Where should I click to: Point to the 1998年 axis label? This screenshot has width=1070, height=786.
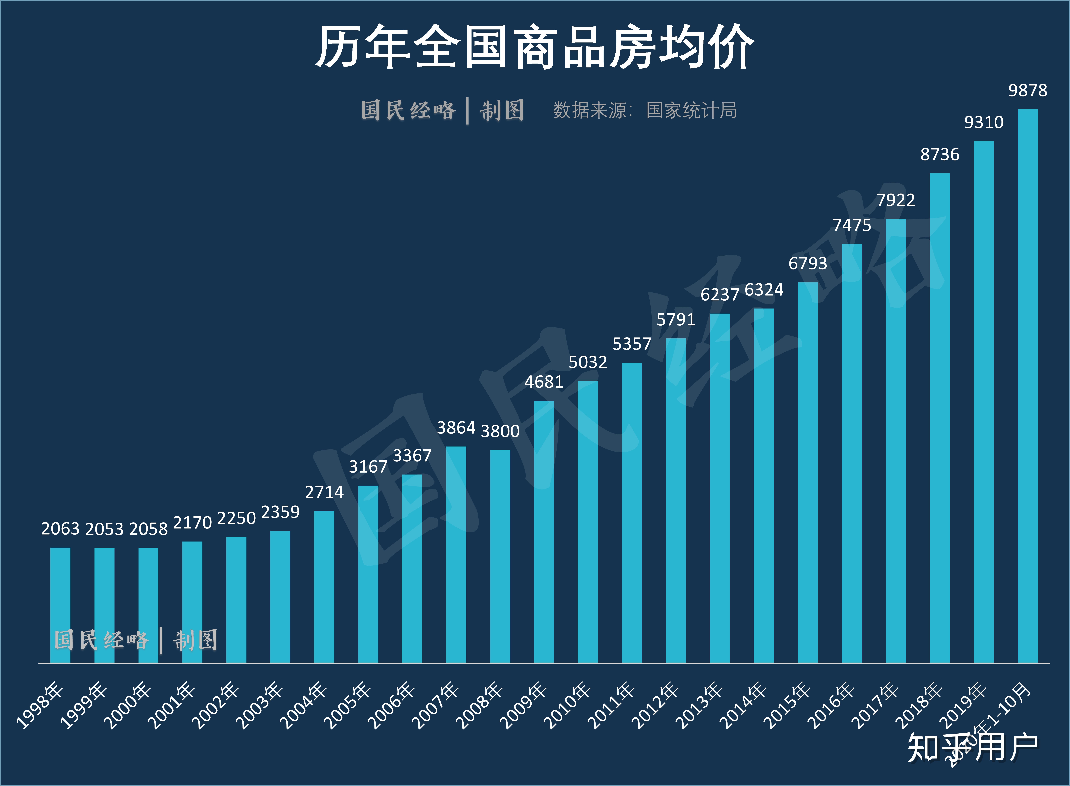tap(40, 705)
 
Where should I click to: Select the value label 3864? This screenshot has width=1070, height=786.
tap(456, 428)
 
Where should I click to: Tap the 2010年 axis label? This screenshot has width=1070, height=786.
tap(567, 705)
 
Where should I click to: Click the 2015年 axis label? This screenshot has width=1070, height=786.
tap(787, 705)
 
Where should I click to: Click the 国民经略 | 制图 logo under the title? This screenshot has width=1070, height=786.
tap(443, 110)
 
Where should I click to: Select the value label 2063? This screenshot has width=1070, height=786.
tap(60, 529)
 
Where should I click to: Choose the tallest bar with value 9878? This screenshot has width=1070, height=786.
tap(1028, 385)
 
